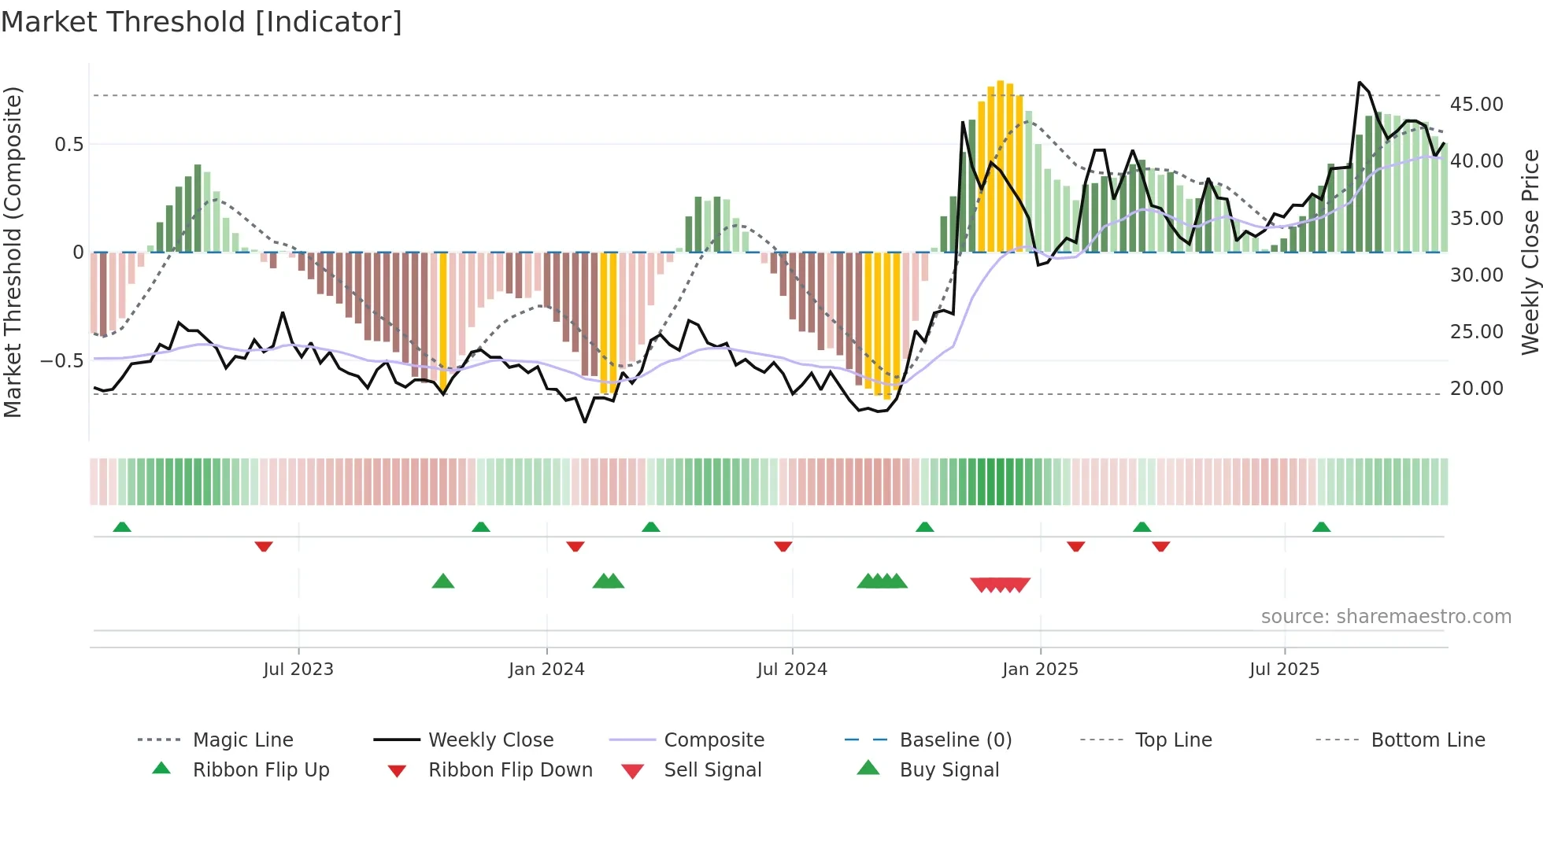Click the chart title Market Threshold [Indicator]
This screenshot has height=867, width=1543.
coord(202,22)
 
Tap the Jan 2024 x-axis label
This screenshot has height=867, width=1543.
coord(546,669)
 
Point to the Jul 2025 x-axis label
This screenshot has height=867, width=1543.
coord(1284,669)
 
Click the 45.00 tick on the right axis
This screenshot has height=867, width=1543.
coord(1476,104)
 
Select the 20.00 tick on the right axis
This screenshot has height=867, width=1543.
coord(1476,388)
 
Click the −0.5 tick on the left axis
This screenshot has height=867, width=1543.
coord(61,361)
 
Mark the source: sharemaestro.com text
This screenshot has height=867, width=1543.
coord(1386,616)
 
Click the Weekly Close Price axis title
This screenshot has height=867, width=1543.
coord(1530,252)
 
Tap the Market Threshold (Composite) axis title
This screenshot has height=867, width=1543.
coord(13,252)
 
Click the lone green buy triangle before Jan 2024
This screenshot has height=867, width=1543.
coord(443,581)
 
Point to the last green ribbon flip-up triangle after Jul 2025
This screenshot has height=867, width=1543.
coord(1321,527)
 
